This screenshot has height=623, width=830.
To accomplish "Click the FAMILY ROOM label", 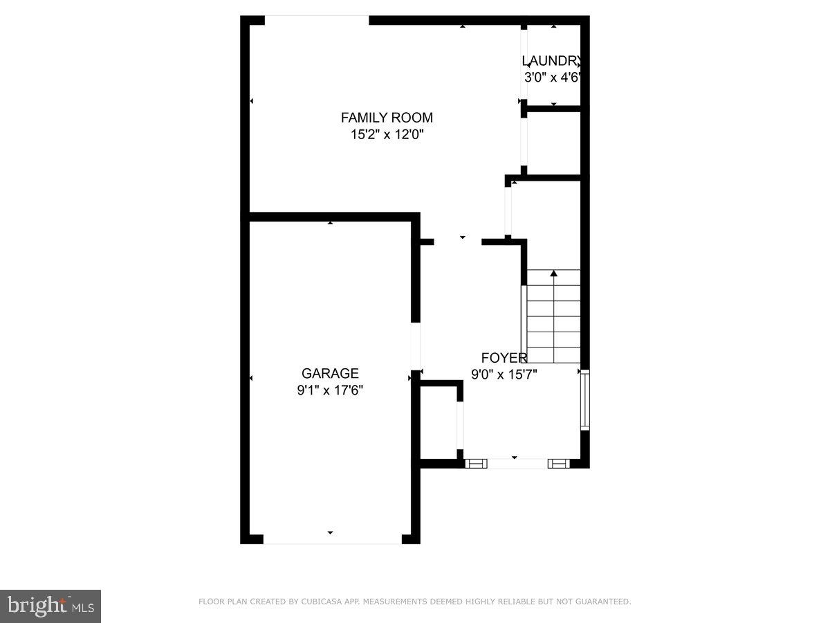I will pyautogui.click(x=387, y=118).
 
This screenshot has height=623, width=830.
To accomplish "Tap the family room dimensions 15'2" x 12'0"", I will pyautogui.click(x=387, y=135).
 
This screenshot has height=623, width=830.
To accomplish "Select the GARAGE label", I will pyautogui.click(x=330, y=374).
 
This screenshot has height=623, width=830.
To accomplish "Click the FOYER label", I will pyautogui.click(x=504, y=358).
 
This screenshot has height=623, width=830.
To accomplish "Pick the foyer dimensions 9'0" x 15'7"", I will pyautogui.click(x=504, y=374).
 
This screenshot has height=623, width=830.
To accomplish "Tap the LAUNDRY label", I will pyautogui.click(x=551, y=61).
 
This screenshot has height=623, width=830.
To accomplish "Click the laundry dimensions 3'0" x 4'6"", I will pyautogui.click(x=551, y=78).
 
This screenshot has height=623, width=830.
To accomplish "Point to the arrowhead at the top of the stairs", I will pyautogui.click(x=553, y=274).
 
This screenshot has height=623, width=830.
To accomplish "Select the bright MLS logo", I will pyautogui.click(x=50, y=606).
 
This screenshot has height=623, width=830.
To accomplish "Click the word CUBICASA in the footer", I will pyautogui.click(x=319, y=602).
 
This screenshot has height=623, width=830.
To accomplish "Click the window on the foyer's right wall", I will pyautogui.click(x=584, y=400).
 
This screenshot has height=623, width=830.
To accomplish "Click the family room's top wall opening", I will pyautogui.click(x=317, y=20).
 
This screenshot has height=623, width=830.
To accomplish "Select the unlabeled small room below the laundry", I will pyautogui.click(x=553, y=142).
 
